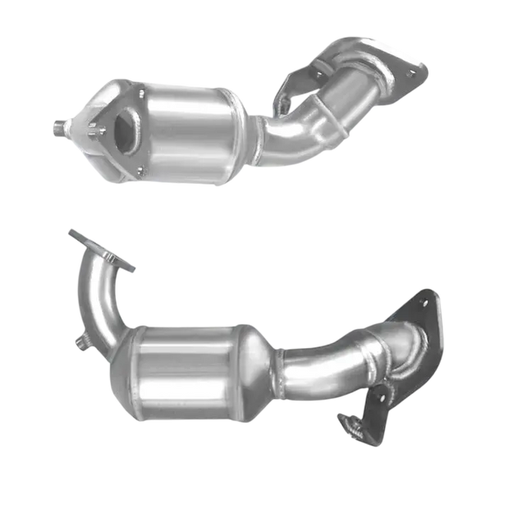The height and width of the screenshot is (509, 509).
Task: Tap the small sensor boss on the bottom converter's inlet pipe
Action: [x=82, y=339]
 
